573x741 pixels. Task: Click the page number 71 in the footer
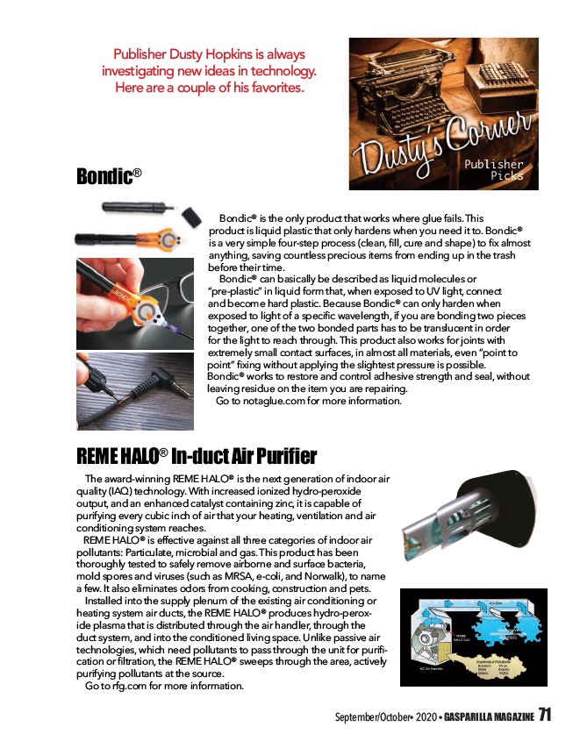(545, 715)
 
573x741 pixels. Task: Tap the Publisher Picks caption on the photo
(493, 169)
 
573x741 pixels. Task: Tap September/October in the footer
(363, 717)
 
